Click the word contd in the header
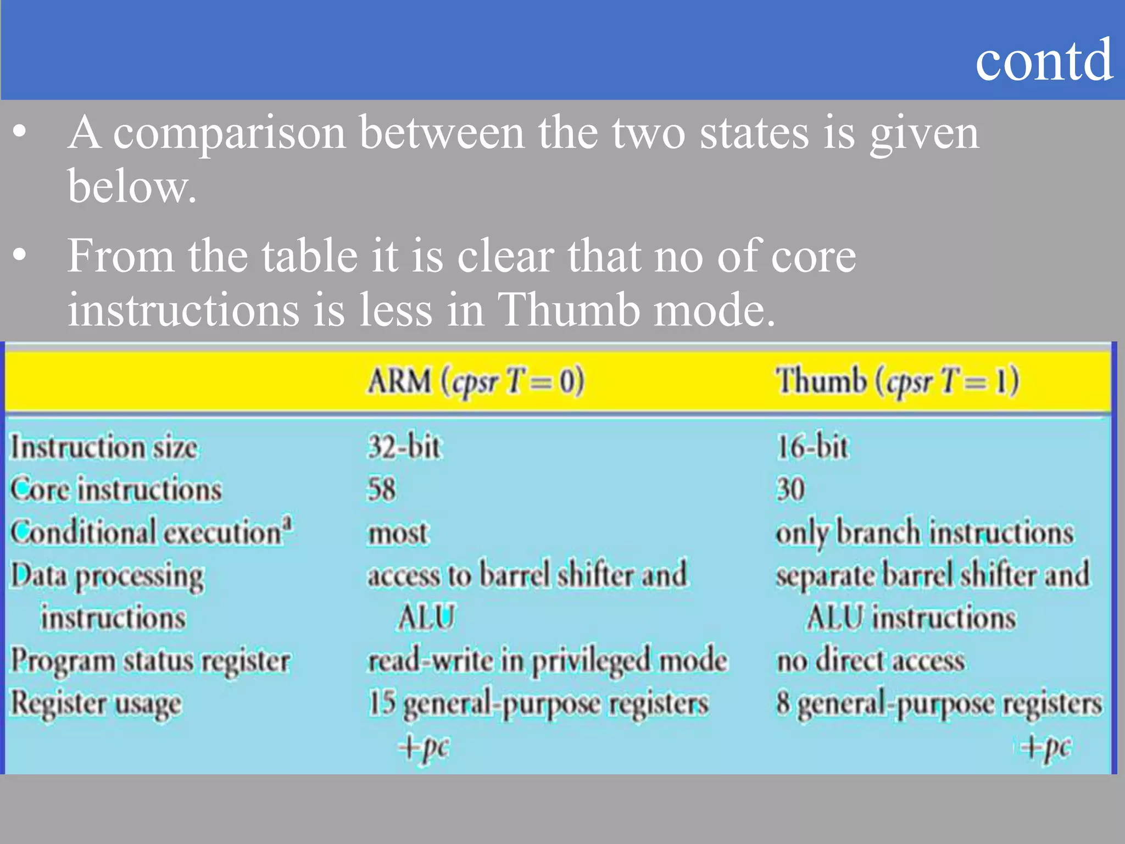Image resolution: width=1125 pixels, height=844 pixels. pos(1044,60)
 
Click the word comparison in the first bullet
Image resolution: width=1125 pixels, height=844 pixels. pos(229,134)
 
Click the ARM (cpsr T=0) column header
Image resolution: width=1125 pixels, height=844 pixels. pos(476,381)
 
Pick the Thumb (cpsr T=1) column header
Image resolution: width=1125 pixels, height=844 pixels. pos(897,381)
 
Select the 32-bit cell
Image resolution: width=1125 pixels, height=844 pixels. pos(404,447)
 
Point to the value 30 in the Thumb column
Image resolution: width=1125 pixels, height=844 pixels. pos(790,489)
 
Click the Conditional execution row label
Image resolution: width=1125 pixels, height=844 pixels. pos(151,532)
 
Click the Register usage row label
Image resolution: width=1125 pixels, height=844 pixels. pos(96,704)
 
